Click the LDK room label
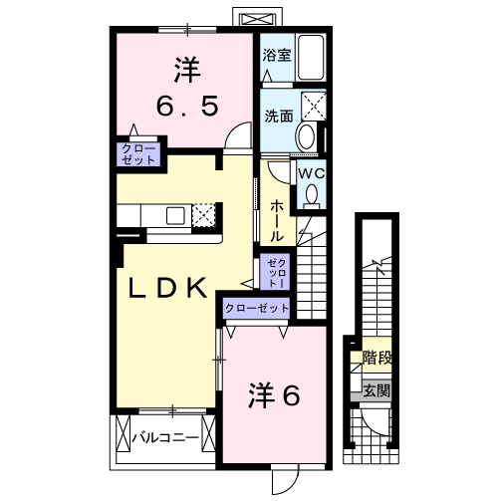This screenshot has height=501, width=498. point(170,288)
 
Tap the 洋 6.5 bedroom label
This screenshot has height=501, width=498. point(185,87)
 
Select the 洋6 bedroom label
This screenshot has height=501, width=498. point(273,395)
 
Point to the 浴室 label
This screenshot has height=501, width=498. point(277,56)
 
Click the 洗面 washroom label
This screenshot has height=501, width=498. point(278,116)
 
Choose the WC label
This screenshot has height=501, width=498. point(312,172)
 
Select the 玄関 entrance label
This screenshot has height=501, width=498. point(376,389)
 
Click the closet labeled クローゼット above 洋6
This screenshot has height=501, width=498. point(256,308)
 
